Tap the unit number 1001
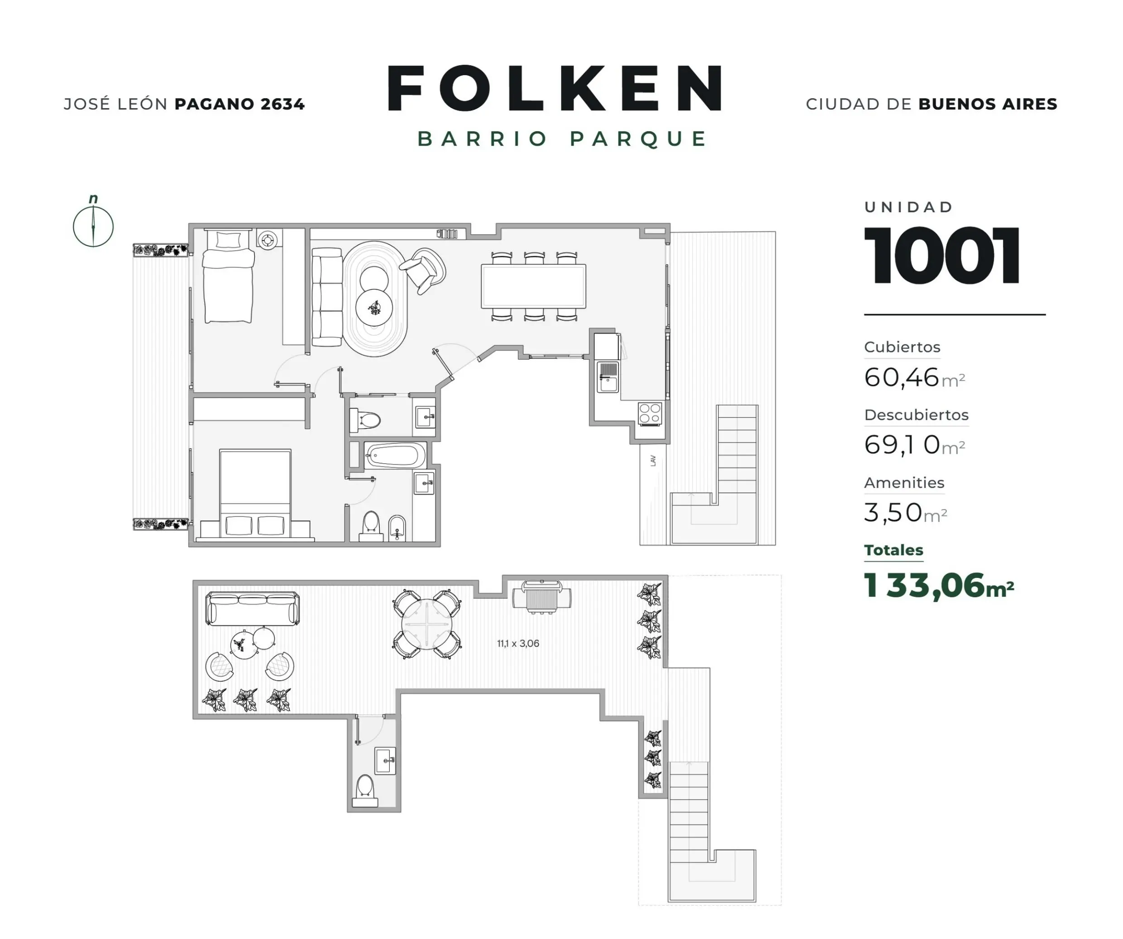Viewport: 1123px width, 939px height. click(941, 255)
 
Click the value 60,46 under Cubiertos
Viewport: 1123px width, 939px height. click(902, 377)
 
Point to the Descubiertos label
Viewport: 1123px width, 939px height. click(916, 415)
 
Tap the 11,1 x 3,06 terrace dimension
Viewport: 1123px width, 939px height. click(518, 643)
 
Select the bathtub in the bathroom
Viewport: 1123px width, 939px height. click(395, 456)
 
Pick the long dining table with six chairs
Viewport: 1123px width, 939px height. click(533, 286)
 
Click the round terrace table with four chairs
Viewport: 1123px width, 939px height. click(427, 624)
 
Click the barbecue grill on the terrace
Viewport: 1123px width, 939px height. click(541, 597)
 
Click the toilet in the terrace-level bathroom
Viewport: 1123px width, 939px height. click(365, 790)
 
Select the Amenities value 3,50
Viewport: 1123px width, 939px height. click(893, 513)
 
